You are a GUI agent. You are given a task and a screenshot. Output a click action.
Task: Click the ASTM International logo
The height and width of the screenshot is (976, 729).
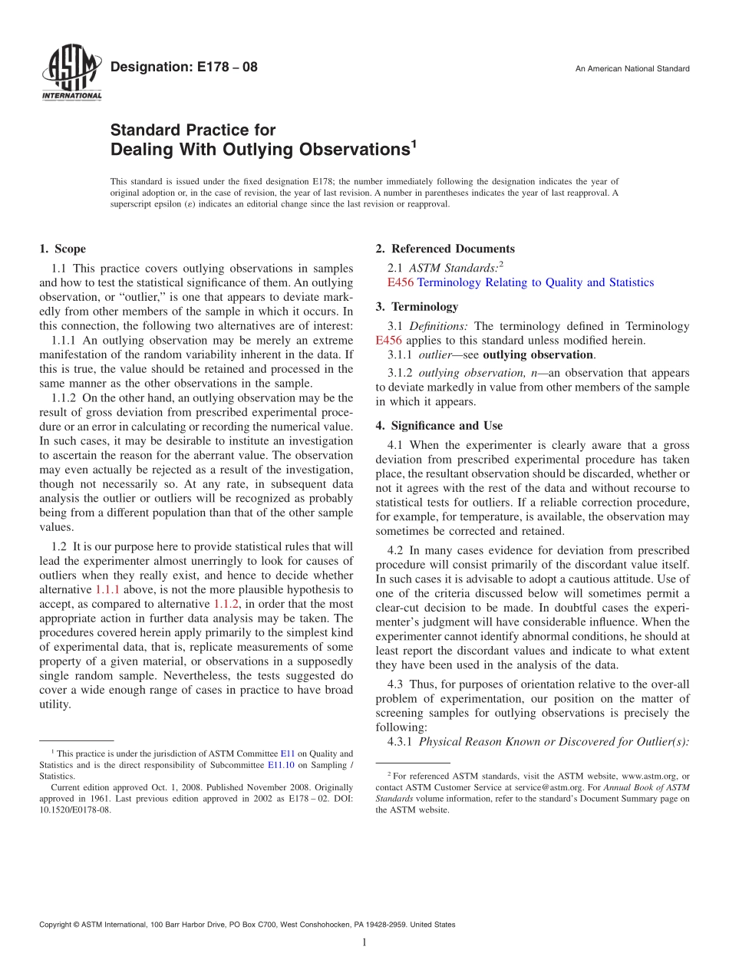pyautogui.click(x=71, y=74)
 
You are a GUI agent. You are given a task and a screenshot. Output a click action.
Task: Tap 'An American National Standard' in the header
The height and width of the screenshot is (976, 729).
pyautogui.click(x=632, y=69)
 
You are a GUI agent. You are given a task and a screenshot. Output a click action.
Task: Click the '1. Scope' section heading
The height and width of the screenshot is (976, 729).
pyautogui.click(x=62, y=249)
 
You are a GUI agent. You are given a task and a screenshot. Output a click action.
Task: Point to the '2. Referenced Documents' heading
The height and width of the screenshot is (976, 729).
pyautogui.click(x=445, y=249)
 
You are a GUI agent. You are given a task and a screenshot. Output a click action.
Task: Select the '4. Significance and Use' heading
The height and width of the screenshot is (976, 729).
pyautogui.click(x=439, y=425)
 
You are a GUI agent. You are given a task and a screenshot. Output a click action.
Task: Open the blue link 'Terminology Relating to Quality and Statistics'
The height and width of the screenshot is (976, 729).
pyautogui.click(x=535, y=282)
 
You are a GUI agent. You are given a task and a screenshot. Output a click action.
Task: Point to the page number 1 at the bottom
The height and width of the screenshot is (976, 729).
pyautogui.click(x=364, y=943)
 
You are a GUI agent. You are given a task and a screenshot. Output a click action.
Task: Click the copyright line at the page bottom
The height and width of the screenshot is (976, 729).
pyautogui.click(x=247, y=925)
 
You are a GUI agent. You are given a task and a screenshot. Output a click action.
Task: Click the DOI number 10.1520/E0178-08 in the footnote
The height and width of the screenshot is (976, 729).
pyautogui.click(x=71, y=809)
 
